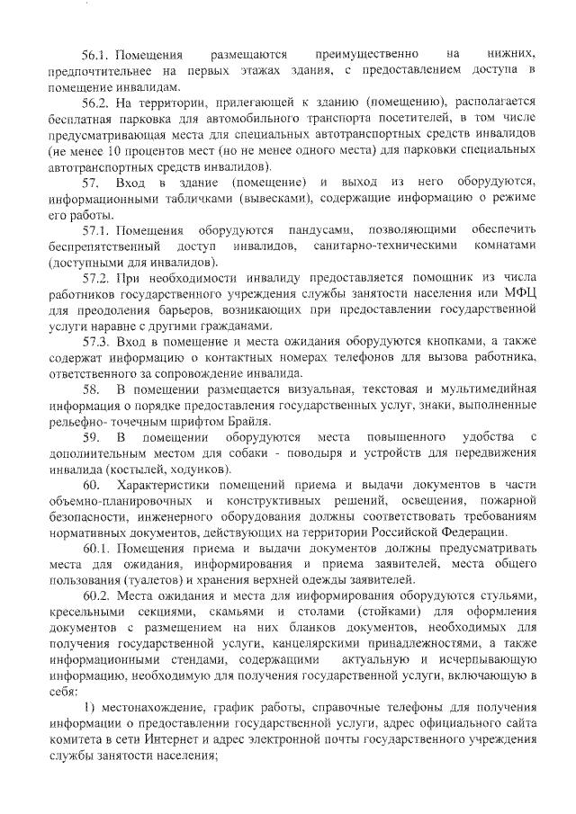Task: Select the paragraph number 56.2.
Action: coord(96,103)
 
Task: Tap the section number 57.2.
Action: coord(96,280)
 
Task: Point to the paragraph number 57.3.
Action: coord(96,343)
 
